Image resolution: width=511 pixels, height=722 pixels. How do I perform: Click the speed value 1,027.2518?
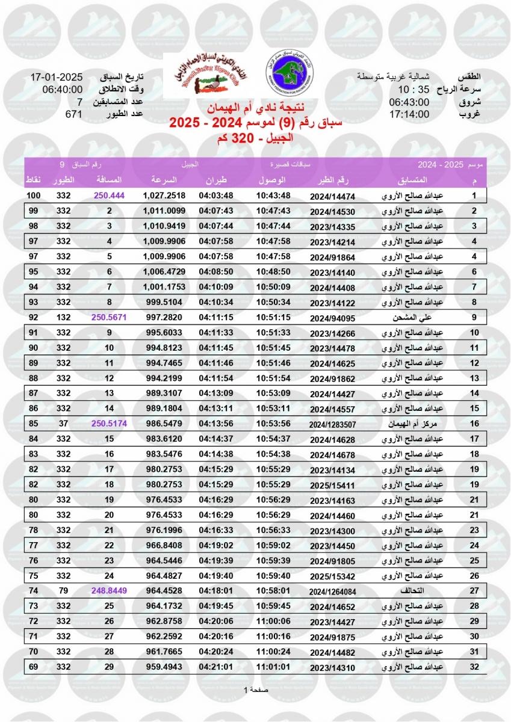click(x=164, y=196)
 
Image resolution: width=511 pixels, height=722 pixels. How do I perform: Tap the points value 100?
click(x=33, y=196)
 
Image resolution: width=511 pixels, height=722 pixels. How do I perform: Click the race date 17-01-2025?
click(x=56, y=78)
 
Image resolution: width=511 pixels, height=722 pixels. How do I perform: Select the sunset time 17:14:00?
click(x=409, y=114)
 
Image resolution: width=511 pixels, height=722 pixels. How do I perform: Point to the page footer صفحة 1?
click(x=255, y=690)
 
